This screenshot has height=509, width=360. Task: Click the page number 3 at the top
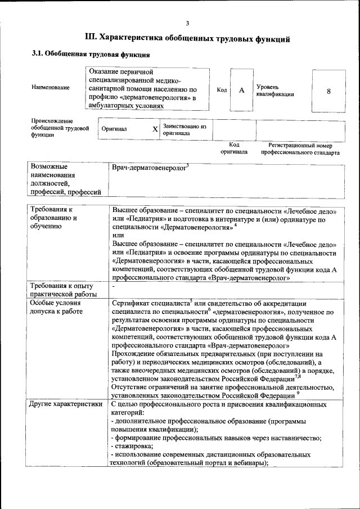[x=188, y=23]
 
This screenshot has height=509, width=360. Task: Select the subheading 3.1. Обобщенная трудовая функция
[x=90, y=55]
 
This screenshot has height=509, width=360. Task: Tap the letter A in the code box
[x=241, y=91]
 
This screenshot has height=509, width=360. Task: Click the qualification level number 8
[x=328, y=91]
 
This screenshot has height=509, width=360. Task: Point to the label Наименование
[x=51, y=88]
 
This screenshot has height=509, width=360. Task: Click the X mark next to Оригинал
[x=155, y=129]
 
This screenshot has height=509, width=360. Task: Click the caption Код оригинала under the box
[x=234, y=148]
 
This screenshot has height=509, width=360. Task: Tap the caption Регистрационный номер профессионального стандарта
[x=300, y=148]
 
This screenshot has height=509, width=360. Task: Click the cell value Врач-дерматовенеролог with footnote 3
[x=150, y=167]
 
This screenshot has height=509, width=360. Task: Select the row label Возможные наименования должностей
[x=62, y=179]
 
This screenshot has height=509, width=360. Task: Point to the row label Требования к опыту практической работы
[x=64, y=290]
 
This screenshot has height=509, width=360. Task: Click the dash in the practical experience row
[x=114, y=286]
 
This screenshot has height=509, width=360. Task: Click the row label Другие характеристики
[x=66, y=404]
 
